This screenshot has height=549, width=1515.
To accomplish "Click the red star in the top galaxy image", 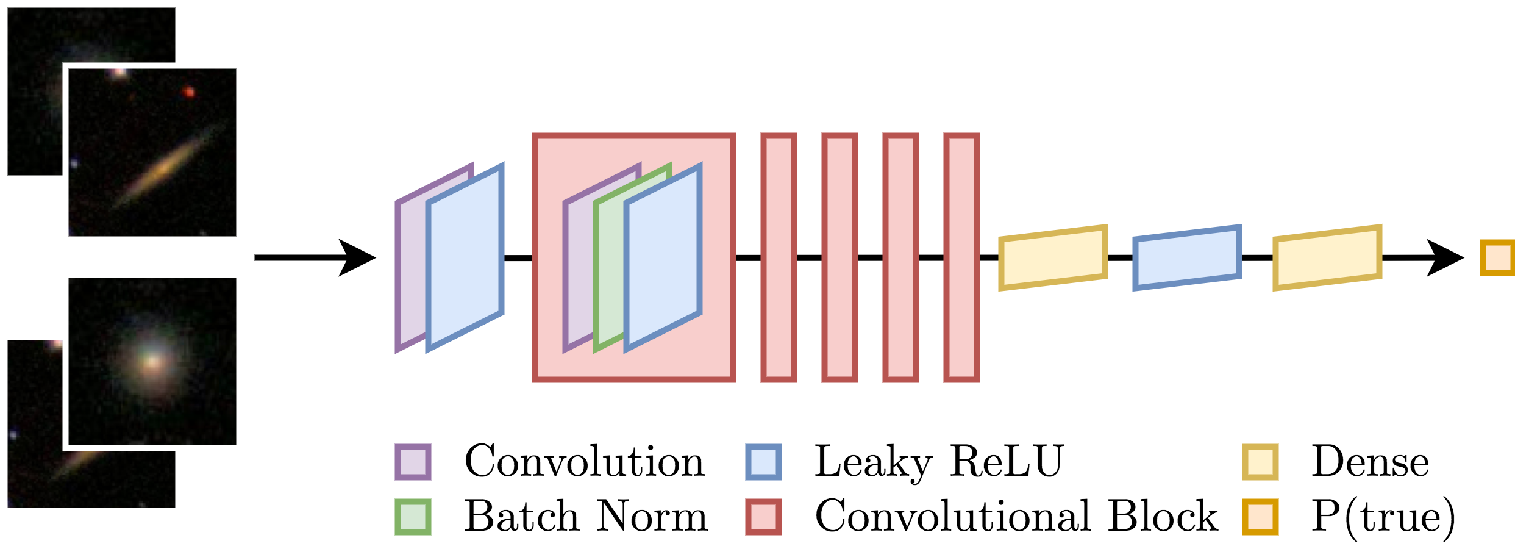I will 189,93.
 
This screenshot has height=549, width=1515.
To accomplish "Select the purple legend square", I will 413,462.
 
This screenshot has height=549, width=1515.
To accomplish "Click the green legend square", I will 413,517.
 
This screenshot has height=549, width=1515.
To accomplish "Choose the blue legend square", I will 763,462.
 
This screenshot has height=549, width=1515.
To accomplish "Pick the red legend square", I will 763,517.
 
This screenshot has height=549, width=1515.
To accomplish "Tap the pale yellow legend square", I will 1260,462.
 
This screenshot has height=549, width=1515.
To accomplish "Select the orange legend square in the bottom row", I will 1260,517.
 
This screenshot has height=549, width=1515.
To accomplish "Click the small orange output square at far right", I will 1497,257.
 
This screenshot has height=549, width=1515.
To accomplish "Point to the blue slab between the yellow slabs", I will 1187,257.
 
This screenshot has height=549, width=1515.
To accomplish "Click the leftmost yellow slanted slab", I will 1053,257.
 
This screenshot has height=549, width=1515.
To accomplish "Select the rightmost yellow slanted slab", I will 1327,257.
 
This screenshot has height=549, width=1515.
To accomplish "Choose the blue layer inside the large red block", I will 663,257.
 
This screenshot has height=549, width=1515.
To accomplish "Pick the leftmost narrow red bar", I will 779,257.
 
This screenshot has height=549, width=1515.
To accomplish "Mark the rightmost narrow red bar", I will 961,257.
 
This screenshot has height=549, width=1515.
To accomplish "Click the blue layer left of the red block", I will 465,257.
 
